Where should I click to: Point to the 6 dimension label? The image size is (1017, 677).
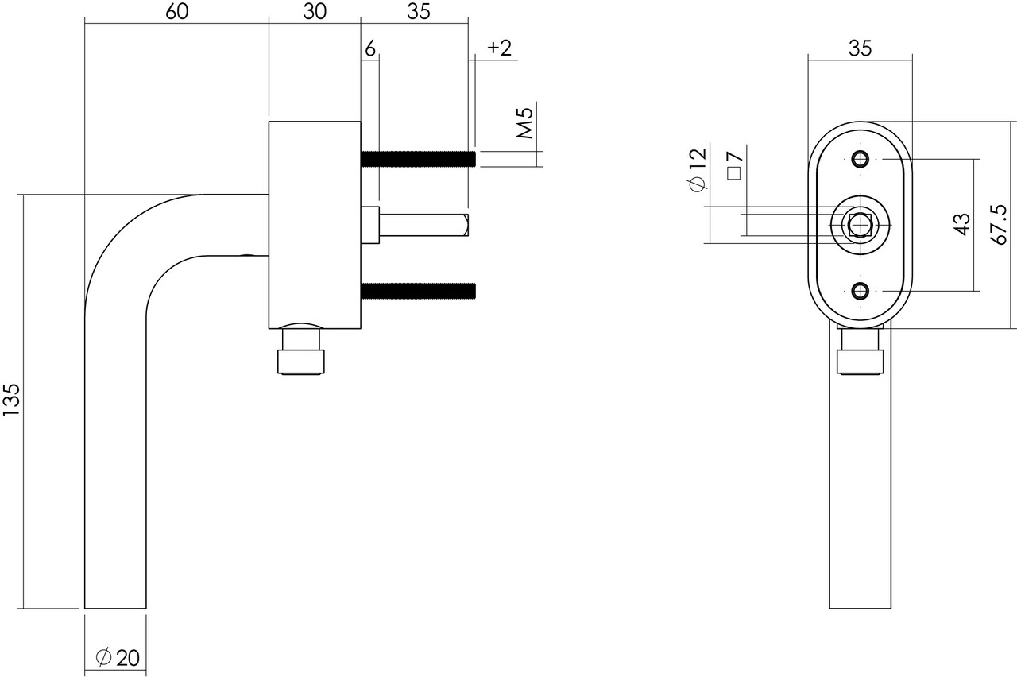click(x=370, y=49)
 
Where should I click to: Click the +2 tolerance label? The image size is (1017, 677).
click(x=498, y=48)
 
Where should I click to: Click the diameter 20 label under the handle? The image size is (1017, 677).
click(x=118, y=658)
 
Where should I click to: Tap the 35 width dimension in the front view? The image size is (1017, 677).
click(x=860, y=48)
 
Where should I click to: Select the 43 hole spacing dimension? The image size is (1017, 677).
click(x=962, y=224)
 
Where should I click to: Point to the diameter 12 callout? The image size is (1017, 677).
click(x=698, y=169)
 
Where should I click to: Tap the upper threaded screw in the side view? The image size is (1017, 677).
click(x=418, y=159)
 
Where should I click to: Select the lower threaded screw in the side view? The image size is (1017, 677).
click(x=418, y=291)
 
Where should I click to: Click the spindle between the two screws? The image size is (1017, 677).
click(x=421, y=225)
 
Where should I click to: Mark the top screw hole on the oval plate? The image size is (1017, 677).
click(x=860, y=159)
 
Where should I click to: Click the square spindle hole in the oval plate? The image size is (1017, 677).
click(x=860, y=226)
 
